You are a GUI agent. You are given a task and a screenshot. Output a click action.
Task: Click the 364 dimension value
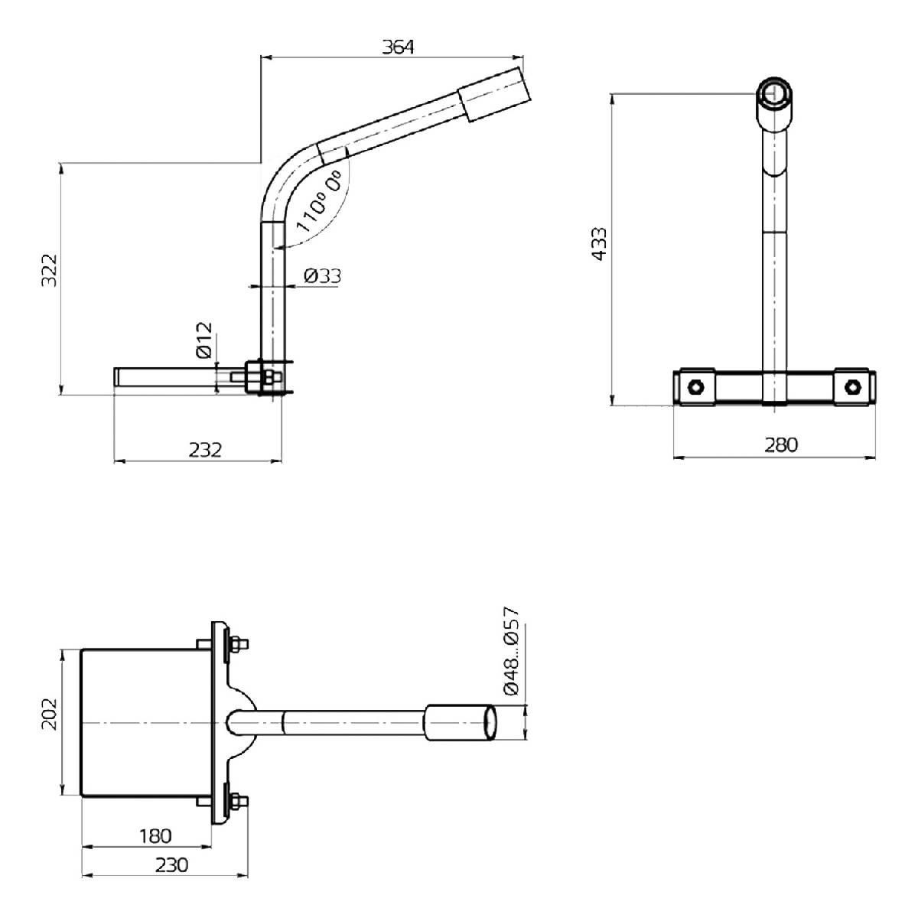click(398, 47)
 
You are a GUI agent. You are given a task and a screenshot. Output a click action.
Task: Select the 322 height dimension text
click(49, 270)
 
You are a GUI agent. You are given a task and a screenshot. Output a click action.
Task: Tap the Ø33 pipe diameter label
click(322, 276)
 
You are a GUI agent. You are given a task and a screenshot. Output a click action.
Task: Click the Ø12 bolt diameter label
click(203, 340)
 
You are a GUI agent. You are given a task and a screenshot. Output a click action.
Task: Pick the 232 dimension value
click(204, 450)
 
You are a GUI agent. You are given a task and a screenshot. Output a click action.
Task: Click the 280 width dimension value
click(780, 445)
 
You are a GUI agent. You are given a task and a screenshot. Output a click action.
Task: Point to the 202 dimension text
click(49, 713)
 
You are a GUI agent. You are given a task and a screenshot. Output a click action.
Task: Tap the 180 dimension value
click(155, 836)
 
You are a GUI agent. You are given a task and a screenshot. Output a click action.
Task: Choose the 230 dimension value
click(171, 865)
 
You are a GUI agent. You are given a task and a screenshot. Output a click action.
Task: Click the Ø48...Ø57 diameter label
click(511, 651)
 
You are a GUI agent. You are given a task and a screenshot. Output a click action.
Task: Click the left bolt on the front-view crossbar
click(695, 386)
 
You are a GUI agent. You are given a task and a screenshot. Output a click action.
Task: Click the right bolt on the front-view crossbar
click(852, 386)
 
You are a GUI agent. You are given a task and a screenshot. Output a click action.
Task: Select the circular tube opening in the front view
click(776, 94)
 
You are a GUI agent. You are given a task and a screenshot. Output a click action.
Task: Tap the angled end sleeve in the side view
click(494, 93)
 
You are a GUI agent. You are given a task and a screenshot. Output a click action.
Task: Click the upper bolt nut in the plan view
click(238, 645)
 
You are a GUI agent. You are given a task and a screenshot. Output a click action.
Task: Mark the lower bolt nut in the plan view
click(238, 802)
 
